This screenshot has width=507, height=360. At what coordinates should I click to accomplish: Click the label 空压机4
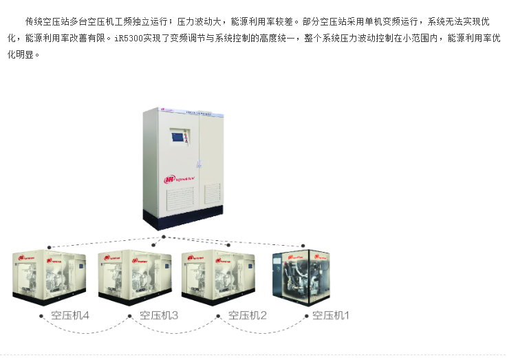(70, 316)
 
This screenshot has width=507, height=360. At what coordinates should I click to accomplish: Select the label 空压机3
(159, 316)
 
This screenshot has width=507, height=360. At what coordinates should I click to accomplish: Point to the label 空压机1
(331, 316)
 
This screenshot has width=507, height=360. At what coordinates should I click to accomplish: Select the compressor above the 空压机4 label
(50, 277)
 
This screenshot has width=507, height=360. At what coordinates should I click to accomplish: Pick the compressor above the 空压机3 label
(135, 277)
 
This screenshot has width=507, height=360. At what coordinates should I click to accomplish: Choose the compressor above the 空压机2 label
(218, 277)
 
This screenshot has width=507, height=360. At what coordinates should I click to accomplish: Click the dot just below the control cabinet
(163, 237)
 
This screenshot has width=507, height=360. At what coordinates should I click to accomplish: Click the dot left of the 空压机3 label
(129, 317)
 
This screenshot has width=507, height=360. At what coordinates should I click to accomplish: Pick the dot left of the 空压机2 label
(218, 317)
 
